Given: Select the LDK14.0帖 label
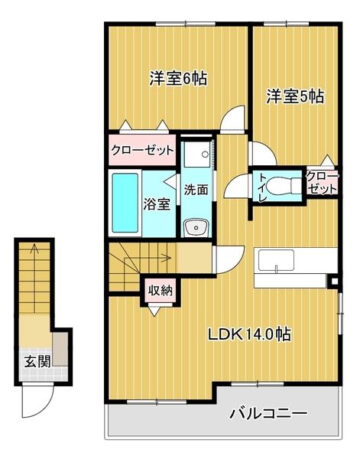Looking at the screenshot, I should click(x=249, y=334).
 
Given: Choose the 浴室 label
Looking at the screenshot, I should click(x=157, y=205).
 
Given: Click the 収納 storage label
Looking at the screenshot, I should click(x=160, y=290).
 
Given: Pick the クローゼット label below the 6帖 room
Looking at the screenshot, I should click(x=142, y=150).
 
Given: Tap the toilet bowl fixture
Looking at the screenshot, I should click(x=287, y=186).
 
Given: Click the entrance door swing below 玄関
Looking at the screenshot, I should click(x=36, y=398).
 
